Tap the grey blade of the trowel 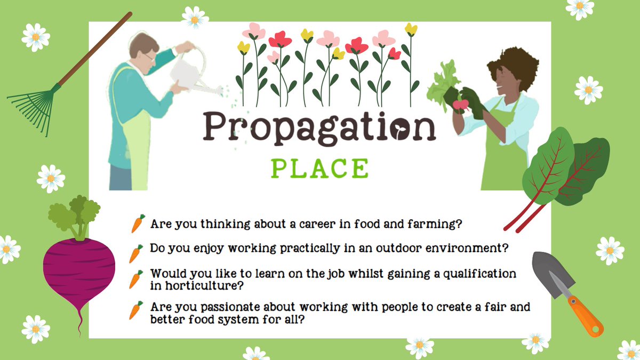(x=549, y=272)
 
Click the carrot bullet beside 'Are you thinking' (x=138, y=223)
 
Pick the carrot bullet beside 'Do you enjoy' (x=137, y=253)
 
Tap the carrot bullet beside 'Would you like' (x=137, y=279)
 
